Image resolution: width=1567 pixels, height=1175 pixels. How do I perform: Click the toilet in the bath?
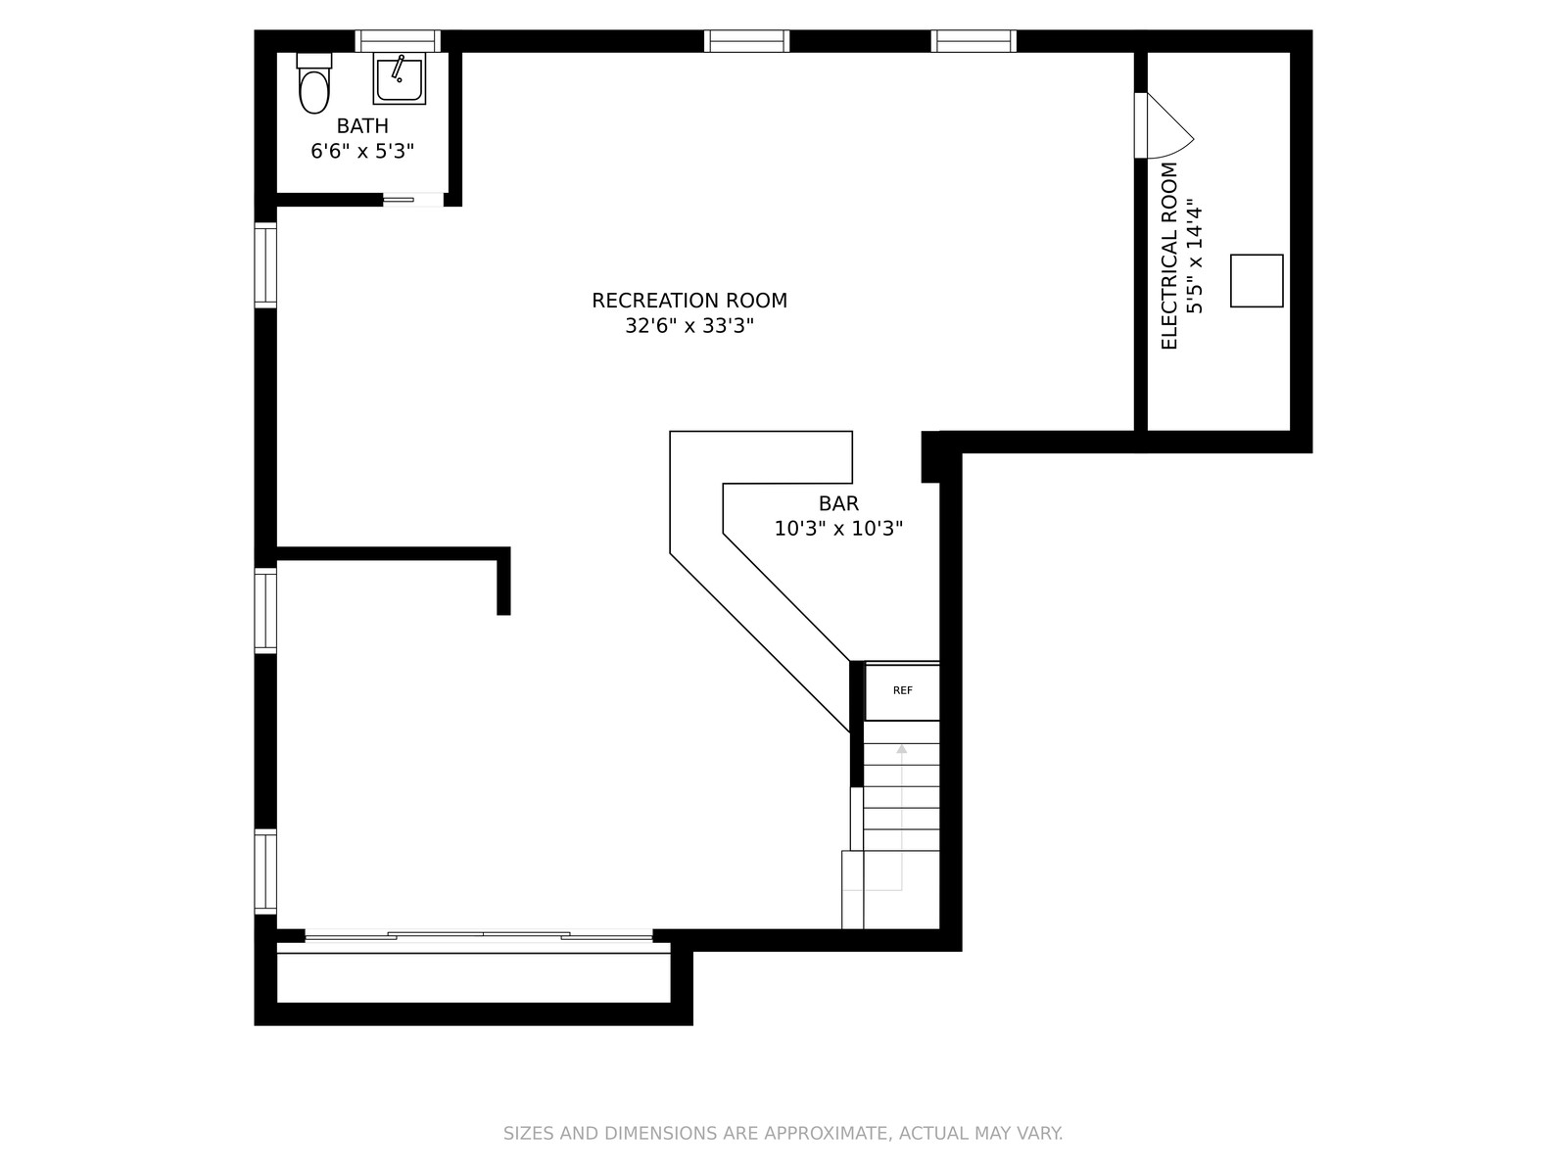[x=314, y=83]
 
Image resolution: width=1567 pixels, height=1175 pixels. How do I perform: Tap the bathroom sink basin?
[x=399, y=78]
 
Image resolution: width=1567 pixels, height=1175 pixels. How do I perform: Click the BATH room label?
[x=362, y=126]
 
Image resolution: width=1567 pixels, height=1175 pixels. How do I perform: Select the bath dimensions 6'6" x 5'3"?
[x=362, y=151]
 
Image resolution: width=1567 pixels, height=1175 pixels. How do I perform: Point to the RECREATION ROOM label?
[x=689, y=301]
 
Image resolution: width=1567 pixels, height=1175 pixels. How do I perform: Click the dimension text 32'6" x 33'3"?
[x=689, y=326]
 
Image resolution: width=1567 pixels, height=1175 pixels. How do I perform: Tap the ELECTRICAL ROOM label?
[x=1169, y=257]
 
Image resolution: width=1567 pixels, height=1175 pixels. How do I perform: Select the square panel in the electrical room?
[x=1257, y=281]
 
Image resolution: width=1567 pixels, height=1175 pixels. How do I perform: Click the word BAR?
[x=838, y=503]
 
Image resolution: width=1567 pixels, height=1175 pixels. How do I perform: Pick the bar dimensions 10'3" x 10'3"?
[x=838, y=529]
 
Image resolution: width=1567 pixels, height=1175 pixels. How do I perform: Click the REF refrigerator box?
[x=902, y=691]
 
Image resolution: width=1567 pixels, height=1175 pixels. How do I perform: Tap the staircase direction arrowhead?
[x=902, y=749]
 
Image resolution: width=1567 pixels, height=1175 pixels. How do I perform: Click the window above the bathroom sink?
[x=398, y=41]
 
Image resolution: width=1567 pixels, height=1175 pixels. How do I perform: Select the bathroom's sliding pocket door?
[x=412, y=200]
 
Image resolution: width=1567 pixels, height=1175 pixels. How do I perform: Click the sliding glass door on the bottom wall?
[x=478, y=935]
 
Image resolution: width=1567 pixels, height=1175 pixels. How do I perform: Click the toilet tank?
[x=314, y=61]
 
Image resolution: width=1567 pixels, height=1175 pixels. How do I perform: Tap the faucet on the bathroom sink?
[x=398, y=69]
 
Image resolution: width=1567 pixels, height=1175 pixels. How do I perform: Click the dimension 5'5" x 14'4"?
[x=1194, y=257]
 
